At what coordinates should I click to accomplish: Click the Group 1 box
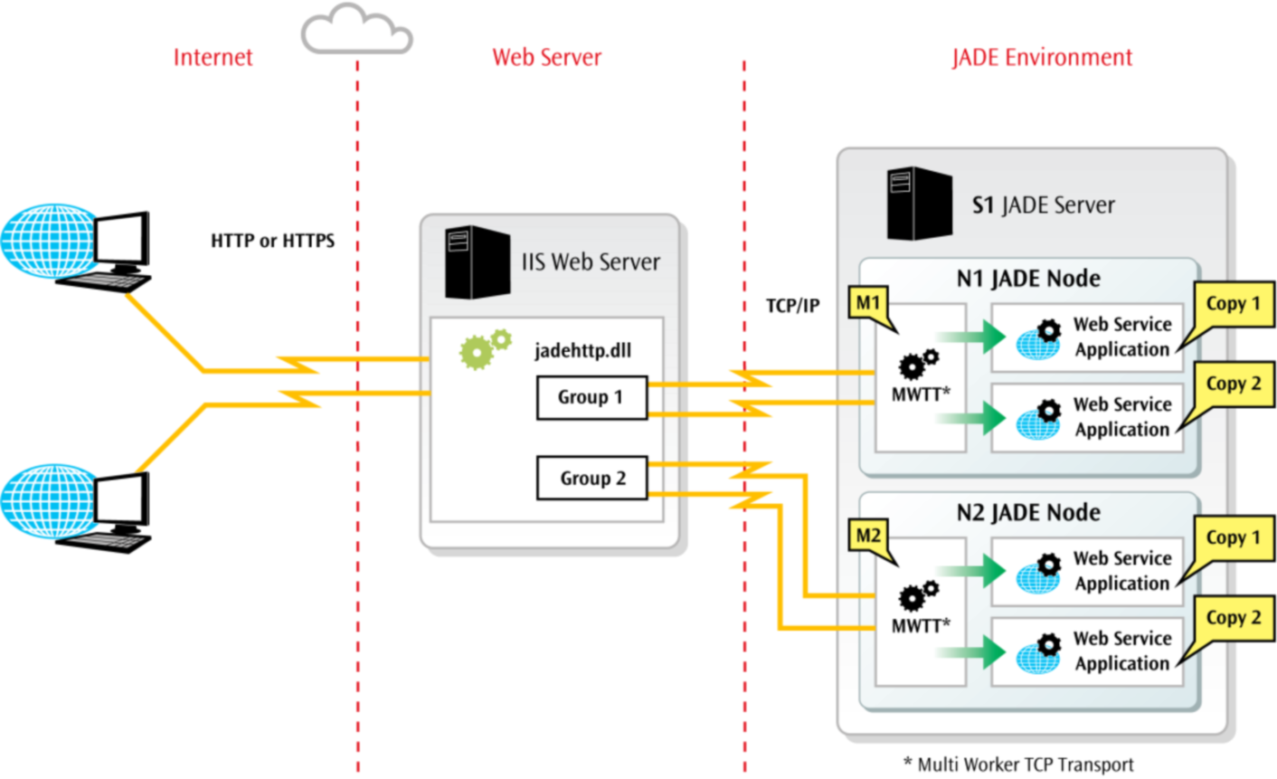tap(591, 398)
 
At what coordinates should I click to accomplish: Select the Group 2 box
tap(591, 479)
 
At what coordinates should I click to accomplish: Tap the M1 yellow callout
tap(867, 303)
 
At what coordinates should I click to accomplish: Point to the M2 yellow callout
tap(867, 536)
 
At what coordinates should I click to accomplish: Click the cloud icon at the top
tap(356, 30)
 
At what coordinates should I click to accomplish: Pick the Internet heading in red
tap(213, 58)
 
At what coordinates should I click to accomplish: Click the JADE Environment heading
tap(1041, 58)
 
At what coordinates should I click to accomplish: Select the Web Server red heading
tap(546, 58)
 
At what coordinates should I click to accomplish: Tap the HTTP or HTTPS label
tap(272, 241)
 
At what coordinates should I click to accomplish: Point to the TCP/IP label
tap(792, 306)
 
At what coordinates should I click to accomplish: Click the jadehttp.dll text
tap(582, 351)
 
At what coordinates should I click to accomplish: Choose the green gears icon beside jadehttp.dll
tap(484, 349)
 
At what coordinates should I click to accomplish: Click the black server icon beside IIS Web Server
tap(477, 262)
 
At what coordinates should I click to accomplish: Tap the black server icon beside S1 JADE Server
tap(919, 204)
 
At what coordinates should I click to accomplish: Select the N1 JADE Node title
tap(1028, 278)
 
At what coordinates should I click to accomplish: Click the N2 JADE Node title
tap(1028, 512)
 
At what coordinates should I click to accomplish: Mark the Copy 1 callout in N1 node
tap(1233, 305)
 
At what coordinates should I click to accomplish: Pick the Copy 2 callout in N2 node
tap(1233, 619)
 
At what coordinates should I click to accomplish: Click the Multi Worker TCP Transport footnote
tap(1018, 765)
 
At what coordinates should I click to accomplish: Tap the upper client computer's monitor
tap(121, 241)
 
